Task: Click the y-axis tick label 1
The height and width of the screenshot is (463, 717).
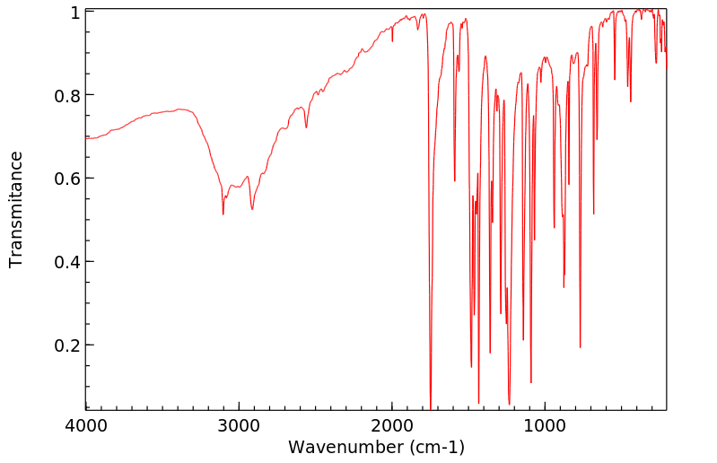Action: [75, 13]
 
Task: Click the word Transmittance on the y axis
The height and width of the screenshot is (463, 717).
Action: [16, 209]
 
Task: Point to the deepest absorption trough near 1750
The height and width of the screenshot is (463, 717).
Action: [431, 408]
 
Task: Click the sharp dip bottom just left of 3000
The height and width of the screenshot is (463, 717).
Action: [223, 214]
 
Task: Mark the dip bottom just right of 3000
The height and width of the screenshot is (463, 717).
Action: [252, 209]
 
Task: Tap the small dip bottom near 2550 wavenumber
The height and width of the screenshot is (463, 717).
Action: [306, 127]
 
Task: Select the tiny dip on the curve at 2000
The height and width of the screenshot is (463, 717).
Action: [392, 40]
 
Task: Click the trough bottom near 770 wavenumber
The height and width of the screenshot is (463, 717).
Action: [581, 347]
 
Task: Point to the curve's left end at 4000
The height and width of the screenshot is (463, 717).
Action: [87, 138]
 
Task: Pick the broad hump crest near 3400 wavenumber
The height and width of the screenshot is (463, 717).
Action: [179, 109]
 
